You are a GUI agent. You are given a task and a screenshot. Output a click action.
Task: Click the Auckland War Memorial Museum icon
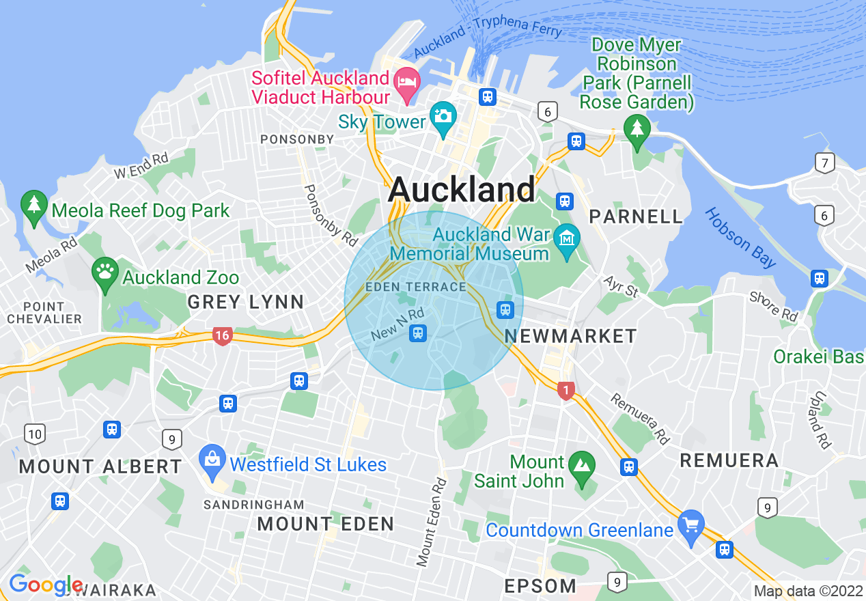(x=567, y=239)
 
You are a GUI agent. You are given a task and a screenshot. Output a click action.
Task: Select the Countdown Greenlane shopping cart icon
(x=691, y=526)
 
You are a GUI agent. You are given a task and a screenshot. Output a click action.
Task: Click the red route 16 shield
(x=221, y=335)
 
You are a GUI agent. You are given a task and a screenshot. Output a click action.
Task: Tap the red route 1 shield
(x=565, y=391)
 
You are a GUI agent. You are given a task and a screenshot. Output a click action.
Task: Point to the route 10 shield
(x=34, y=433)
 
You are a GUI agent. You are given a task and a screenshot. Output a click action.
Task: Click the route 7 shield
(x=825, y=163)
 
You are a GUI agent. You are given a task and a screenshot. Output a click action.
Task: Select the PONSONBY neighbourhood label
(x=297, y=139)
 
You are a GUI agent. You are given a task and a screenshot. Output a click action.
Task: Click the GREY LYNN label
(x=245, y=301)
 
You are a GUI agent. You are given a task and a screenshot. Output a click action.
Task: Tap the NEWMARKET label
(x=570, y=336)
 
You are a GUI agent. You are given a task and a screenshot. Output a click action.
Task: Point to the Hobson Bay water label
(x=740, y=237)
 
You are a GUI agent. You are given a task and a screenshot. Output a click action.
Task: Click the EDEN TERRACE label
(x=415, y=287)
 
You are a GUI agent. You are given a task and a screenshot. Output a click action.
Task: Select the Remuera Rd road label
(x=640, y=418)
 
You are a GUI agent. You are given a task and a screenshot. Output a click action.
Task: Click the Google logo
(x=45, y=585)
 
